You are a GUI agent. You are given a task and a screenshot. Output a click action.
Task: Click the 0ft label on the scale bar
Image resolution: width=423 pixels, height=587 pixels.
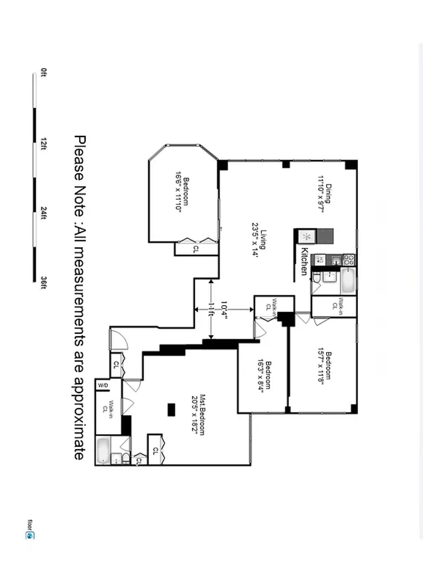[x=44, y=73]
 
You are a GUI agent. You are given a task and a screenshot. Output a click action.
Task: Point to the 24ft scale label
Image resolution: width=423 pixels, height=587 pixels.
[x=44, y=213]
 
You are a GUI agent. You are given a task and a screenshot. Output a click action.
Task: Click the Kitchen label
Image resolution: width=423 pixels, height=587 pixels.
[x=304, y=261]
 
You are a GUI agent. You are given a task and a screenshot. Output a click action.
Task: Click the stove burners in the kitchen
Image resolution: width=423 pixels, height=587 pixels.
[x=349, y=260]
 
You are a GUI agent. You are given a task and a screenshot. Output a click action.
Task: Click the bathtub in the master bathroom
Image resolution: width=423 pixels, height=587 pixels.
[x=103, y=450]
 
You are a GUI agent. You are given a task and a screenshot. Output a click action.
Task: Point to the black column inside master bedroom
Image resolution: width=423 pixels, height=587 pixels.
[x=171, y=409]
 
